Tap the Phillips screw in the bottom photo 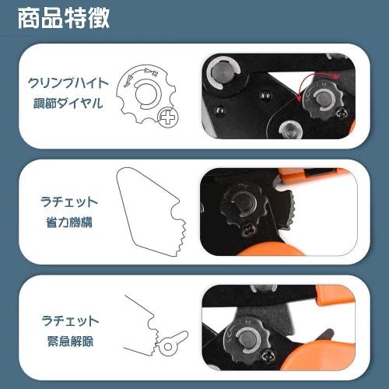(x=268, y=356)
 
